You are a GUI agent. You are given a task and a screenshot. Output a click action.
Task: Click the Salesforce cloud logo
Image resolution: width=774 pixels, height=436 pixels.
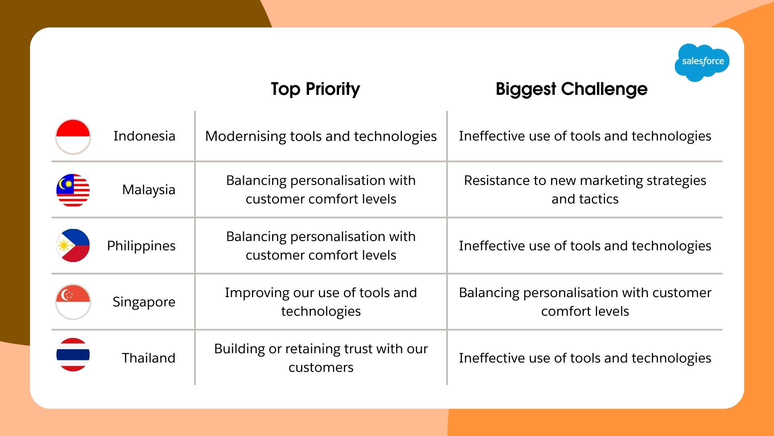click(702, 62)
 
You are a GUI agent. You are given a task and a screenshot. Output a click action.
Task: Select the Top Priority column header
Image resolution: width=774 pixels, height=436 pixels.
click(315, 89)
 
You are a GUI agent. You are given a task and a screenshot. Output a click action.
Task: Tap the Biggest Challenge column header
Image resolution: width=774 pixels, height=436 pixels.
click(571, 89)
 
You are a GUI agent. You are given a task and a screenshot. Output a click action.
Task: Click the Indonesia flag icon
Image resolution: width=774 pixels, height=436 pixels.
click(73, 136)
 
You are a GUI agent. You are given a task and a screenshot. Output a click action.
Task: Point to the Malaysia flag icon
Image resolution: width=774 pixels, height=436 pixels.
click(73, 190)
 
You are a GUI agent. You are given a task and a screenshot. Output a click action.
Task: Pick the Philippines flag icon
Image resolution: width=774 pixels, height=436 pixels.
click(73, 245)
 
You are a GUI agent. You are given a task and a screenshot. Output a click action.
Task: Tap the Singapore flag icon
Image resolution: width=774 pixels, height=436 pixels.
click(73, 302)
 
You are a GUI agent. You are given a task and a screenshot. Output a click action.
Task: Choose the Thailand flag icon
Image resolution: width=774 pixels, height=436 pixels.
click(73, 355)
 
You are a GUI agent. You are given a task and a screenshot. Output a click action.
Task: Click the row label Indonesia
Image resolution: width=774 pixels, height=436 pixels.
click(144, 136)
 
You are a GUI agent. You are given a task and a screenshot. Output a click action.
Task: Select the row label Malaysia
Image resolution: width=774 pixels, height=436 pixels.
click(148, 190)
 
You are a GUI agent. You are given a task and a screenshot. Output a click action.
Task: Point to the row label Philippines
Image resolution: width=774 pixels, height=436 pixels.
click(141, 246)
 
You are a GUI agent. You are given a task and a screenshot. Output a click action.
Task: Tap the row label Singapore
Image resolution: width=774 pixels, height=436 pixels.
click(144, 302)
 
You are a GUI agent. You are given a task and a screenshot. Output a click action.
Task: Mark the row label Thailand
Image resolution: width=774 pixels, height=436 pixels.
click(148, 358)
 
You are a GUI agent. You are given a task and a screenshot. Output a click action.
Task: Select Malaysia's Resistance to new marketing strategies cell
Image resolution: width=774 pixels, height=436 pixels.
click(585, 190)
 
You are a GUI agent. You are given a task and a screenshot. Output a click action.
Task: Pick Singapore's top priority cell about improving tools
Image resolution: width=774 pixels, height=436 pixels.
click(321, 302)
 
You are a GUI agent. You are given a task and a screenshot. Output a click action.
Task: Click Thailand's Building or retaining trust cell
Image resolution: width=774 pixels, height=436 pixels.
click(321, 358)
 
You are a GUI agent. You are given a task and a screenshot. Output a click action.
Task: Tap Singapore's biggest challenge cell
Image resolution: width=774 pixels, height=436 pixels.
click(585, 302)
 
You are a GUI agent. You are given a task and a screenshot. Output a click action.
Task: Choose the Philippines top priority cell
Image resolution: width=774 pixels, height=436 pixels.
click(321, 246)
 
